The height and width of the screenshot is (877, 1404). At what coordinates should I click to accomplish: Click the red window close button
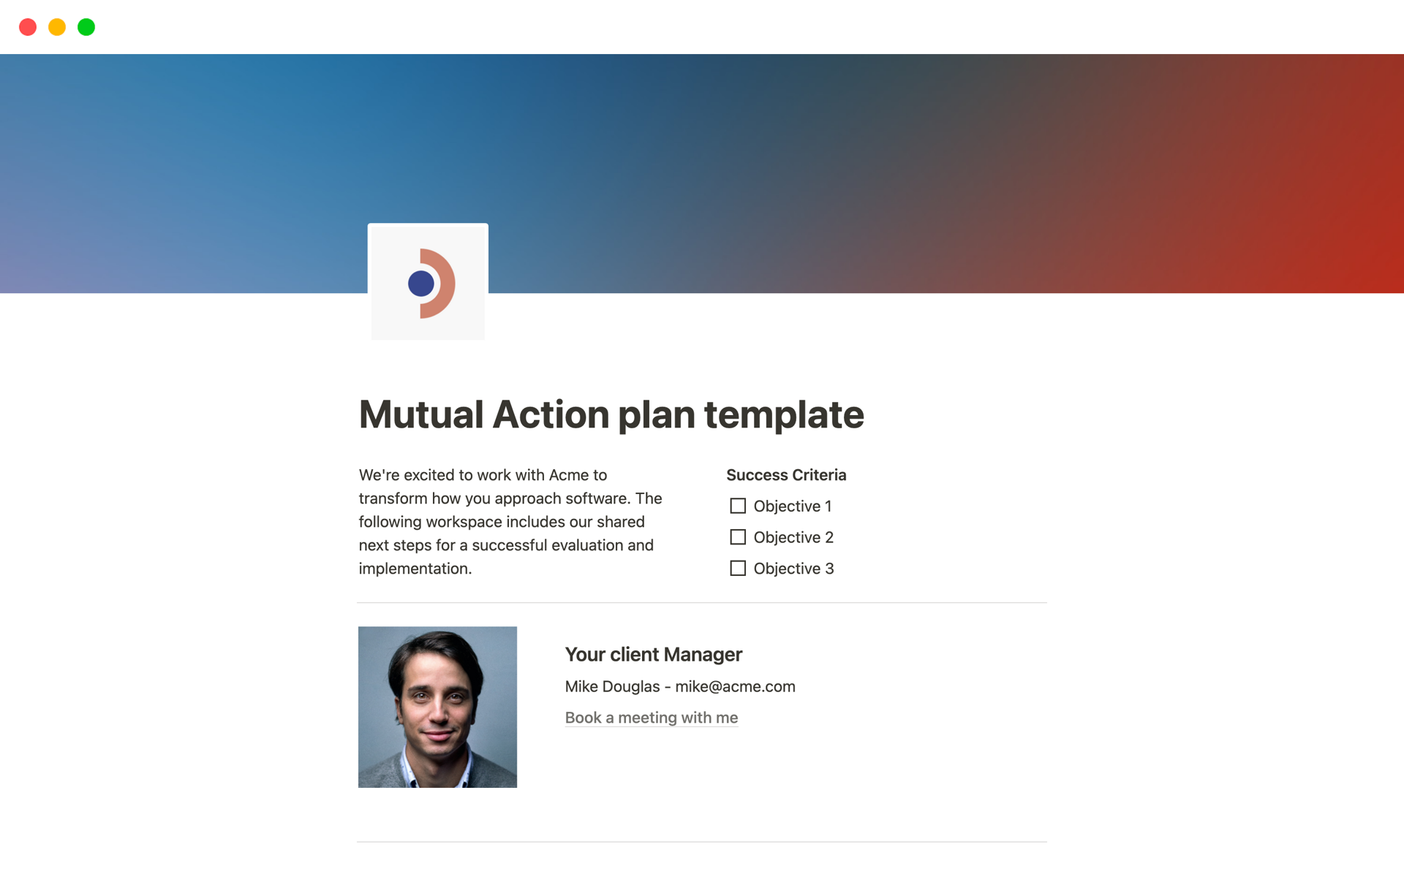[x=28, y=27]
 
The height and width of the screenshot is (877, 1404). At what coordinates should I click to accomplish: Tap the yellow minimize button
[x=57, y=27]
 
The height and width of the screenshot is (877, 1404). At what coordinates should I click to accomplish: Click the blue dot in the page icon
[x=421, y=284]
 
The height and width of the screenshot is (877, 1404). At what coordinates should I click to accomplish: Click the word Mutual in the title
[x=421, y=414]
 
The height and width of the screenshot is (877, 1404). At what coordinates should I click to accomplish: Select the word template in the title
[x=784, y=414]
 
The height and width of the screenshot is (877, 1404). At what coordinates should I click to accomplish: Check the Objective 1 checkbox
[x=738, y=506]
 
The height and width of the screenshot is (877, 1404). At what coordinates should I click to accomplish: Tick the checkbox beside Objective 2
[x=738, y=537]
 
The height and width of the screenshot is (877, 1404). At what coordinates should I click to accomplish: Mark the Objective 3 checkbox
[x=738, y=568]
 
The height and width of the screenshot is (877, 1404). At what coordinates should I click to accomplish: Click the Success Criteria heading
[x=786, y=475]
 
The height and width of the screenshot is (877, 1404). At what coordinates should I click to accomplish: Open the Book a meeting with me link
[x=652, y=718]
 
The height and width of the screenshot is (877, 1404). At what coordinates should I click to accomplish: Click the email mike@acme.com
[x=735, y=686]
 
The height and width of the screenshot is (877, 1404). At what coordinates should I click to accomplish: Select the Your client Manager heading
[x=654, y=654]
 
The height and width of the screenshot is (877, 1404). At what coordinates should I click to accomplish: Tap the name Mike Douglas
[x=613, y=686]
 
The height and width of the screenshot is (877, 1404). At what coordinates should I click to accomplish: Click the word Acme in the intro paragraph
[x=569, y=475]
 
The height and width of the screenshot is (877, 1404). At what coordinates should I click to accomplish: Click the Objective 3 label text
[x=793, y=569]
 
